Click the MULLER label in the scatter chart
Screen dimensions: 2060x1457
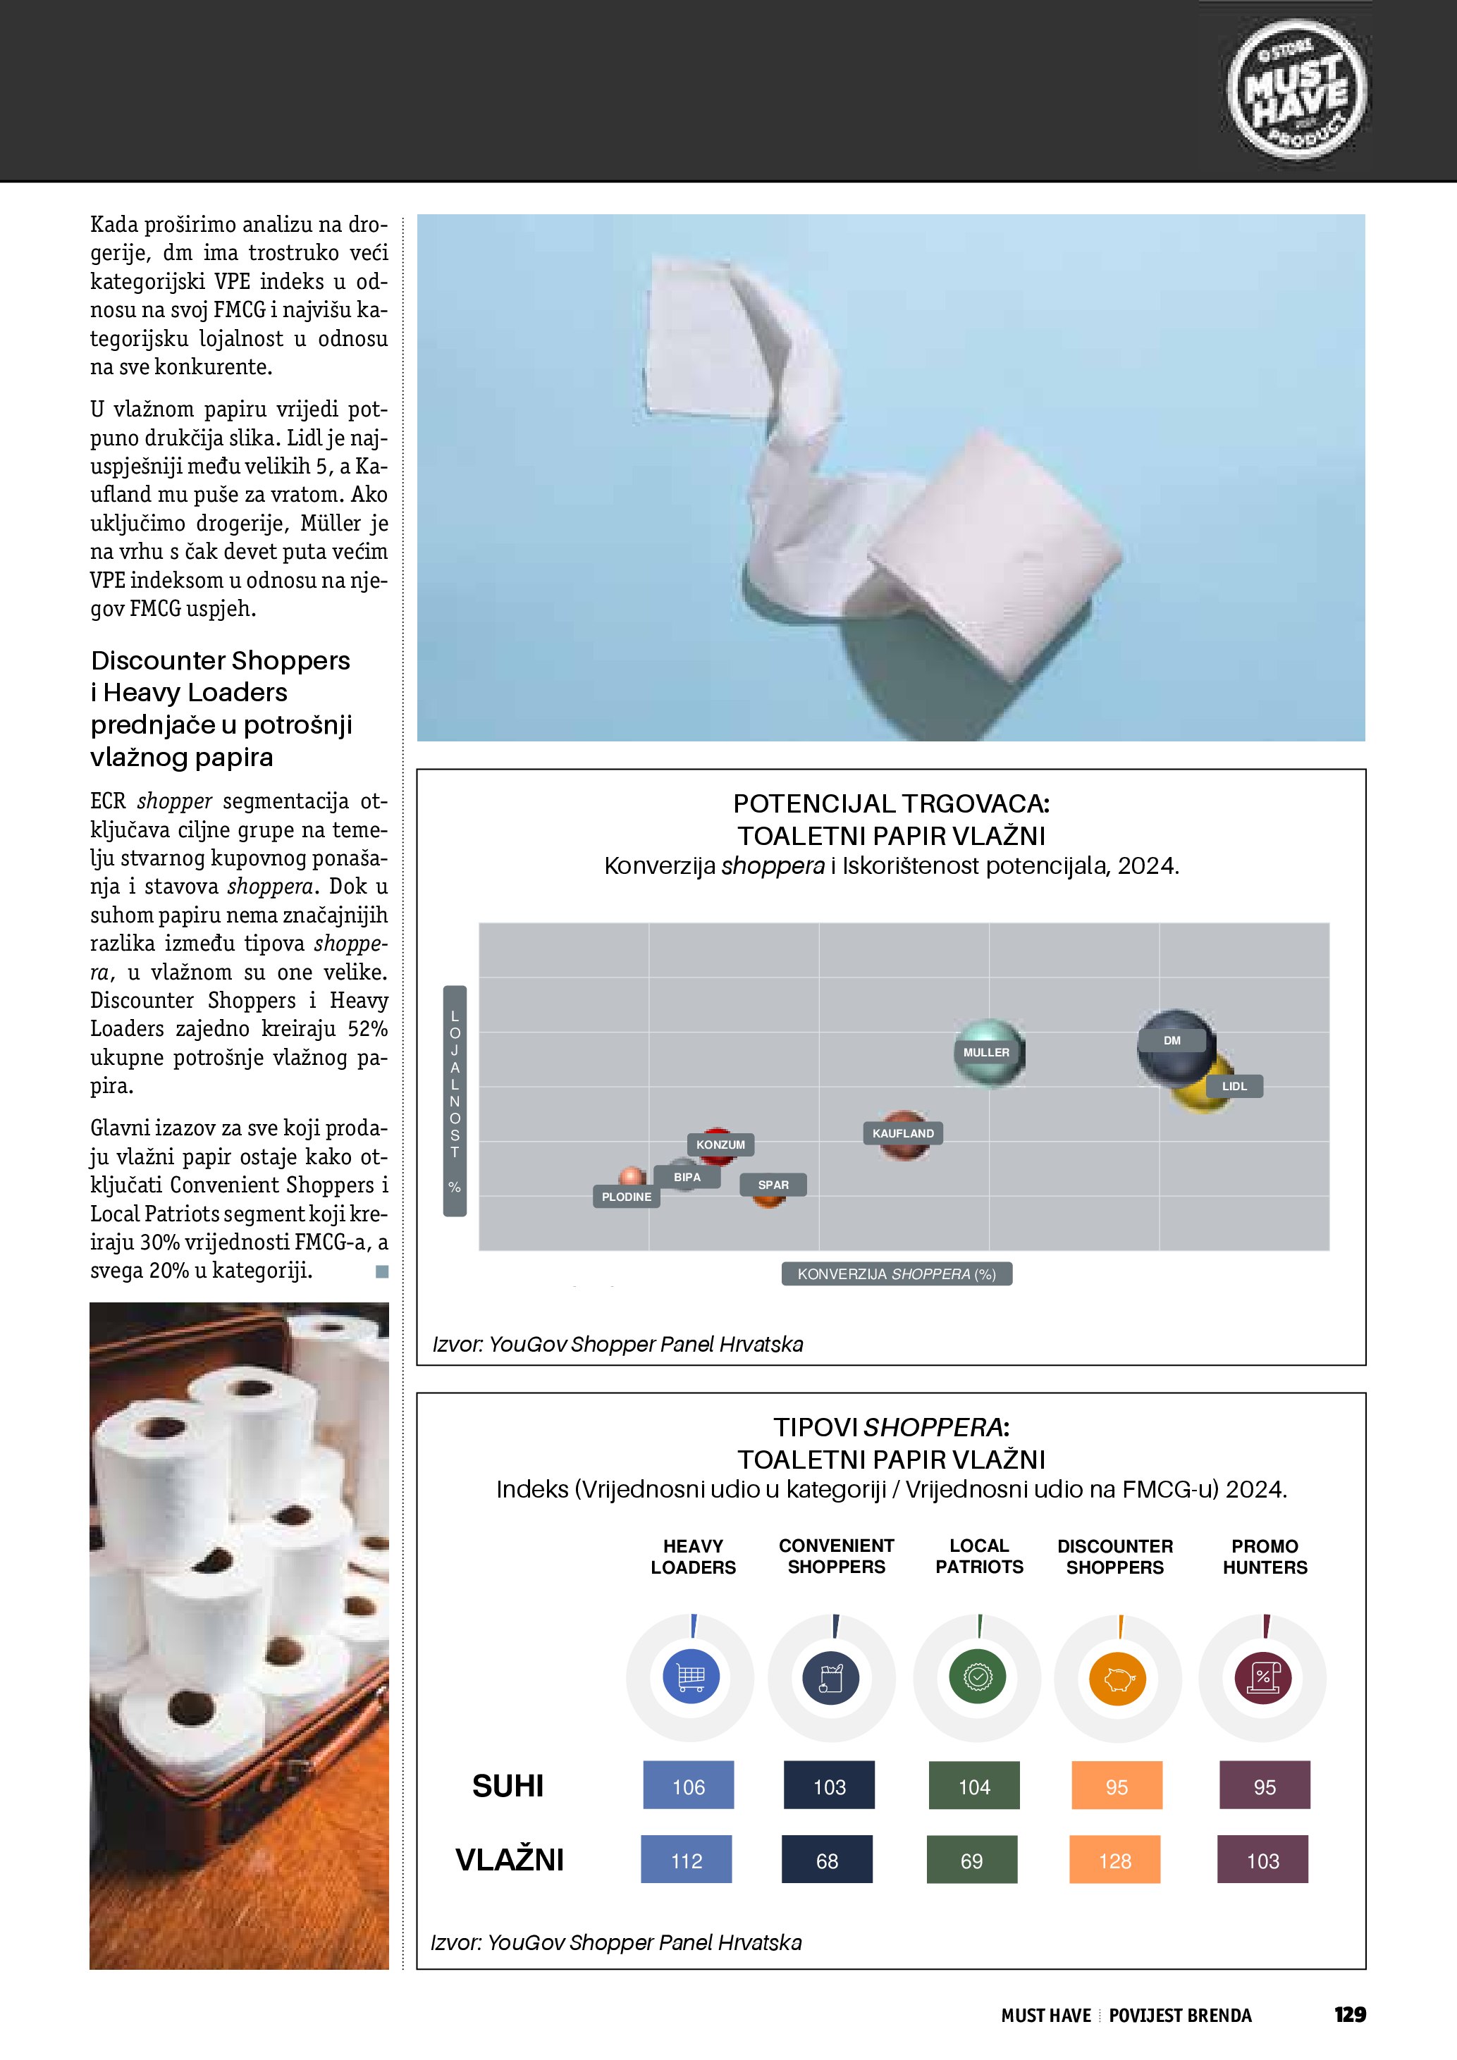(986, 1052)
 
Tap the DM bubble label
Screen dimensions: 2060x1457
(1172, 1041)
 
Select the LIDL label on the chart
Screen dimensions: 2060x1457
(1234, 1087)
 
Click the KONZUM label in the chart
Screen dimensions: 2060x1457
(720, 1145)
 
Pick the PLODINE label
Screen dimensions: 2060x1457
(626, 1197)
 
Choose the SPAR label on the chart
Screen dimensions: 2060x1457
(773, 1185)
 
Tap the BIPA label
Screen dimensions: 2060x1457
(687, 1177)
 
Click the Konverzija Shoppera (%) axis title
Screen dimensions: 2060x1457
(897, 1274)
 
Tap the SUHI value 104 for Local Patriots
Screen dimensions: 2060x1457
(974, 1787)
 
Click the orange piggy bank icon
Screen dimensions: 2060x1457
(1118, 1678)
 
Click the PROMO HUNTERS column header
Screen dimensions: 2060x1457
(1265, 1557)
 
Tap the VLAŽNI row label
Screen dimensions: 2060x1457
(510, 1860)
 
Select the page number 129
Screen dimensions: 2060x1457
(1349, 2015)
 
